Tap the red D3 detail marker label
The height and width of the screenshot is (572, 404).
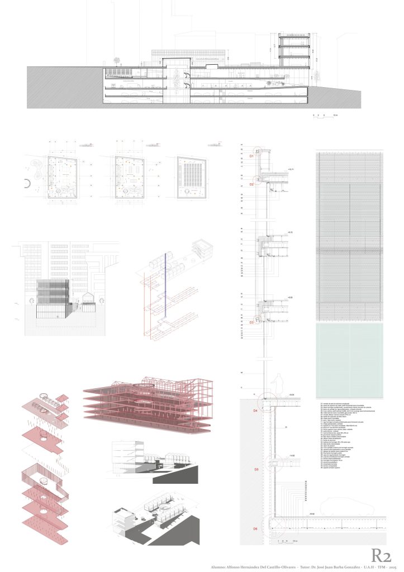(x=251, y=322)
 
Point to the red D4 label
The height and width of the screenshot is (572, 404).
(x=255, y=411)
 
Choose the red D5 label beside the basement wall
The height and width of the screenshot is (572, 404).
(x=256, y=470)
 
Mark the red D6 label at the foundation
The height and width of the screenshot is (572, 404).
(x=255, y=528)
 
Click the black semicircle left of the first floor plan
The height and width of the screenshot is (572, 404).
(x=27, y=184)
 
